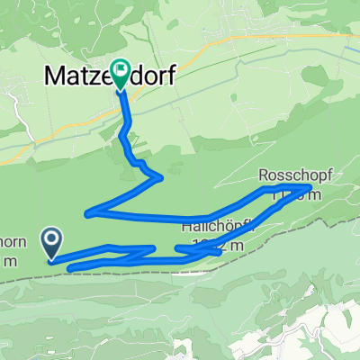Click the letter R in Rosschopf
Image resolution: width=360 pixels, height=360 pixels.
(264, 174)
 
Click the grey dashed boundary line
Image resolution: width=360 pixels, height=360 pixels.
(180, 276)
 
